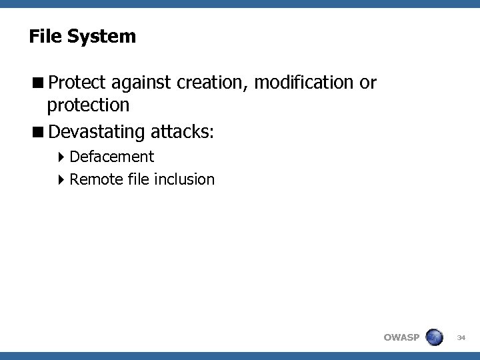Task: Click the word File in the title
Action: (x=42, y=36)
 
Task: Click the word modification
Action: (x=304, y=83)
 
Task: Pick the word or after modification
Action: (x=368, y=83)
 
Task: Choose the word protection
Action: (x=88, y=105)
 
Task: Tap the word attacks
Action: (x=181, y=132)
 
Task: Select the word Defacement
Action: (x=111, y=157)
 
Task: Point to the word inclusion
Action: (x=184, y=179)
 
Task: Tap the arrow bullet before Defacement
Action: (x=61, y=157)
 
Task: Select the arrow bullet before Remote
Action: (x=61, y=179)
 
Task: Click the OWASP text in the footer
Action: (x=401, y=337)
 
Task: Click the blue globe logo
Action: (x=435, y=337)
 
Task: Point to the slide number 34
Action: (x=461, y=337)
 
